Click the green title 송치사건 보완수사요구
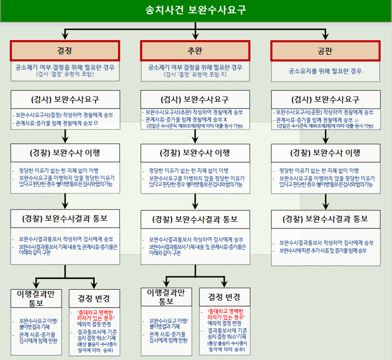196,10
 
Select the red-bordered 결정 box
65,51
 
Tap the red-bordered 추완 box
195,51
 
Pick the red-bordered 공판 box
325,51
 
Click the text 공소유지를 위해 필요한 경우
325,71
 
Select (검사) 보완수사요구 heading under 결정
65,99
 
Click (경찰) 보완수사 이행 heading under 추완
195,153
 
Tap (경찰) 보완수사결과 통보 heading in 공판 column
325,219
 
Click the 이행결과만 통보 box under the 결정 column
36,298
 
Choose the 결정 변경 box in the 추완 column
224,297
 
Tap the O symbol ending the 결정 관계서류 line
95,123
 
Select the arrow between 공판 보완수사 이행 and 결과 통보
325,200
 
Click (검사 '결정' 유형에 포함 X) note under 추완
195,74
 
